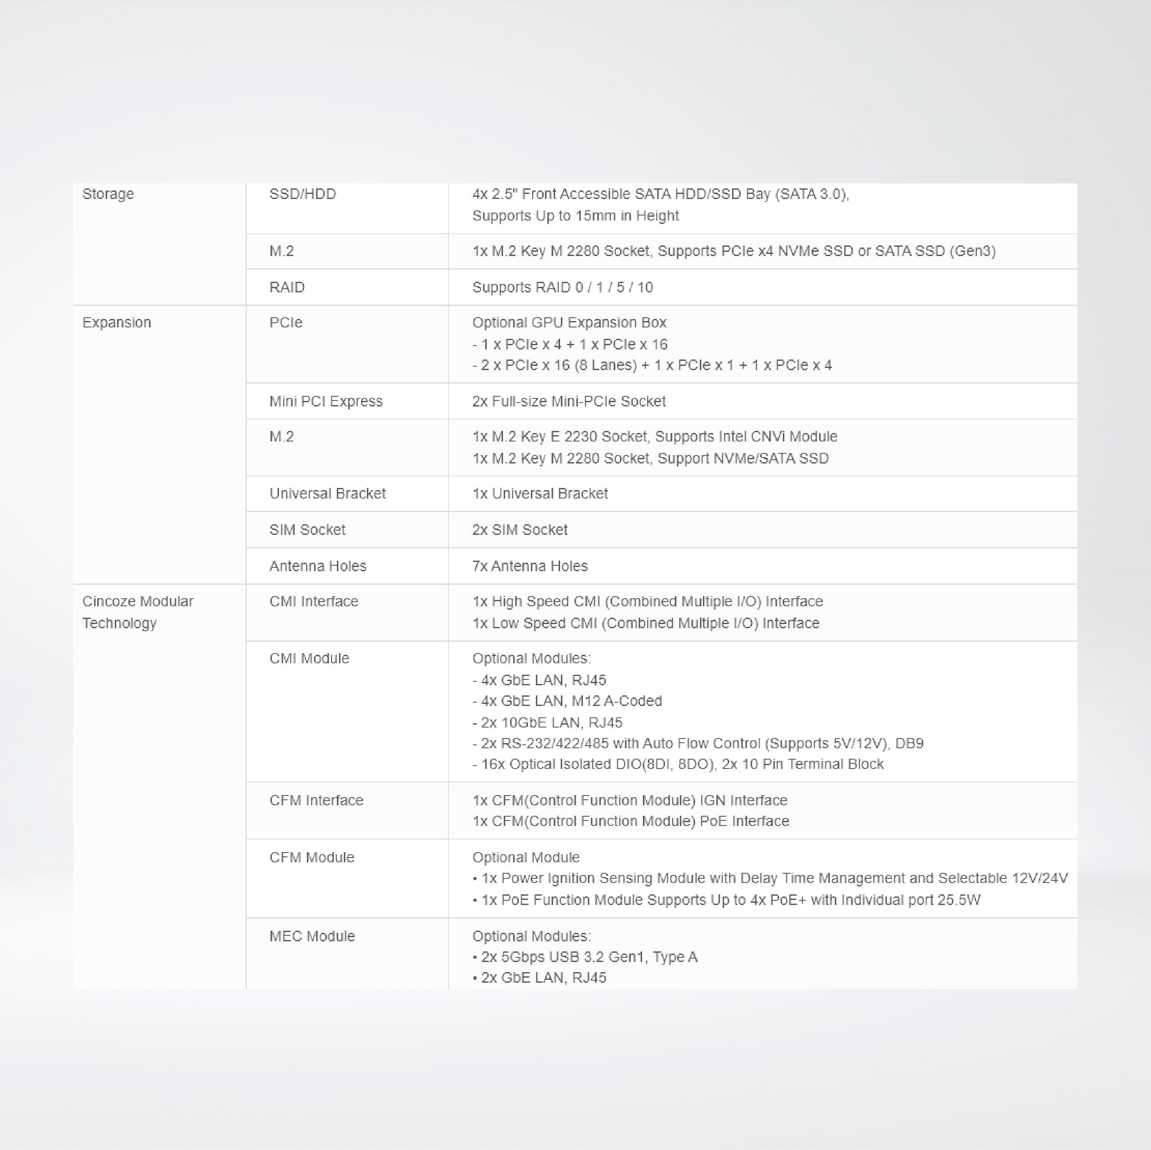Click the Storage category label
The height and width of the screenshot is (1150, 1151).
(x=108, y=194)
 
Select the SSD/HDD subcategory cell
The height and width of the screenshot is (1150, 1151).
(x=302, y=194)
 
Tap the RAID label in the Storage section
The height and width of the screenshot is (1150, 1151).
(x=287, y=288)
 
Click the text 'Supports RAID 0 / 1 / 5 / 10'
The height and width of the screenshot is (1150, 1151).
(x=562, y=288)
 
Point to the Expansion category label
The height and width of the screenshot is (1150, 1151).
(x=116, y=323)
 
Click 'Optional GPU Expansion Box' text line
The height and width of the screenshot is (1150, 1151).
(x=569, y=323)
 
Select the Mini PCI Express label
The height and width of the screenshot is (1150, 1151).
(x=325, y=401)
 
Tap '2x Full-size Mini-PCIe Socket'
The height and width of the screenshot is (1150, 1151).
(x=569, y=401)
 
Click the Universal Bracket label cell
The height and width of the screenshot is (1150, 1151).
(x=327, y=494)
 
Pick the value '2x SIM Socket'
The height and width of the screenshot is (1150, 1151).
(x=519, y=530)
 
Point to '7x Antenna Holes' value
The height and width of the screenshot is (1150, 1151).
(x=530, y=567)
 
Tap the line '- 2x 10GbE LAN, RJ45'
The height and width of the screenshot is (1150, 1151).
(x=547, y=723)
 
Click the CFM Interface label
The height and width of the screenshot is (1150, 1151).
(x=316, y=801)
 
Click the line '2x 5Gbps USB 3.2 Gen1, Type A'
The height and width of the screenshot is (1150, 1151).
(x=589, y=957)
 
